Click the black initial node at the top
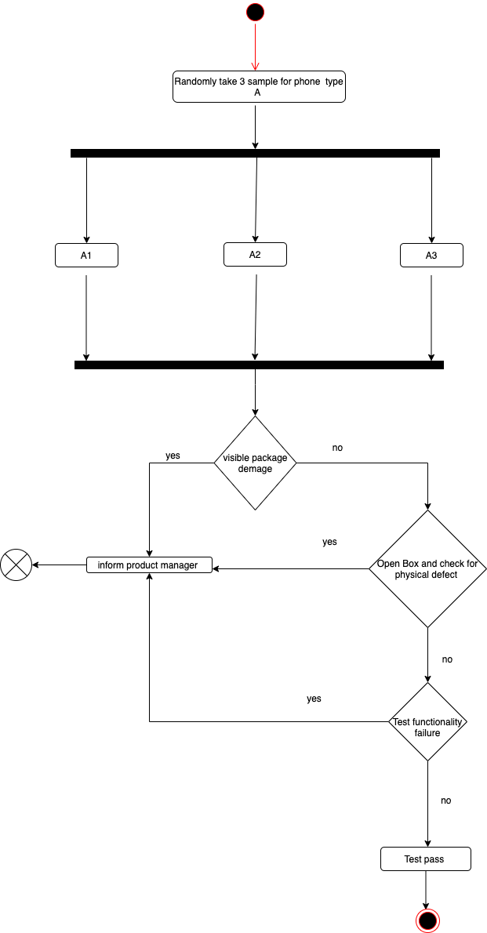pyautogui.click(x=255, y=13)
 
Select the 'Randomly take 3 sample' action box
pyautogui.click(x=258, y=86)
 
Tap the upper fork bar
pyautogui.click(x=255, y=153)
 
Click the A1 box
pyautogui.click(x=86, y=256)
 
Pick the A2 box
pyautogui.click(x=255, y=254)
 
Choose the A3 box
pyautogui.click(x=431, y=256)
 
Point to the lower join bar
pyautogui.click(x=259, y=365)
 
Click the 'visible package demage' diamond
pyautogui.click(x=255, y=463)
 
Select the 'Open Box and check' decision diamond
pyautogui.click(x=427, y=568)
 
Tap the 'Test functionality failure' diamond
pyautogui.click(x=427, y=721)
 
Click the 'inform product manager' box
pyautogui.click(x=149, y=565)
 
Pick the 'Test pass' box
pyautogui.click(x=425, y=859)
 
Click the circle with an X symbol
pyautogui.click(x=16, y=565)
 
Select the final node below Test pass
pyautogui.click(x=427, y=920)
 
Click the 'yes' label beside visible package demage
pyautogui.click(x=173, y=456)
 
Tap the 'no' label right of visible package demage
pyautogui.click(x=337, y=448)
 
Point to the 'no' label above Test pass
pyautogui.click(x=445, y=800)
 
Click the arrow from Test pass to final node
pyautogui.click(x=426, y=890)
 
